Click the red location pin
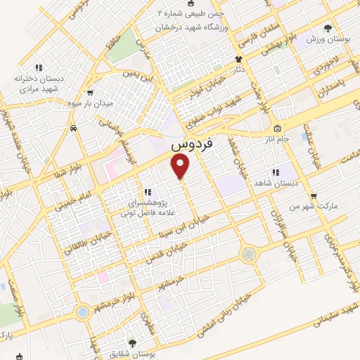coord(181,166)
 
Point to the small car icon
coord(73,129)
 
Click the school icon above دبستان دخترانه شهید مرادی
coord(39,67)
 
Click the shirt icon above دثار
coord(238,60)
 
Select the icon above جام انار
coord(277,129)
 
